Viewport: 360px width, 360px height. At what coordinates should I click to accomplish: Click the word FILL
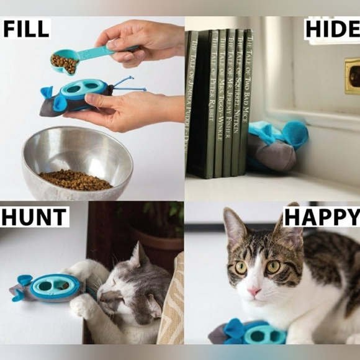click(x=26, y=29)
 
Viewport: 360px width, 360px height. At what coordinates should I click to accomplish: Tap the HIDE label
click(x=332, y=29)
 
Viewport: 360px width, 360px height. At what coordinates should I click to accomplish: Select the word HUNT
click(x=34, y=217)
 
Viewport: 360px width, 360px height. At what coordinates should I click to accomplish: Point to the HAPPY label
click(x=322, y=217)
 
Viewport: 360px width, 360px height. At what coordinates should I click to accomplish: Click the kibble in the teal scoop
click(x=63, y=63)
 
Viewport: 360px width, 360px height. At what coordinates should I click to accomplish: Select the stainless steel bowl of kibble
click(x=77, y=163)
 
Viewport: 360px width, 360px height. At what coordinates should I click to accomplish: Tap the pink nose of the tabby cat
click(x=254, y=292)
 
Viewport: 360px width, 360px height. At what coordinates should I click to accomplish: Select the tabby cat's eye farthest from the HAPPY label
click(x=241, y=268)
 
